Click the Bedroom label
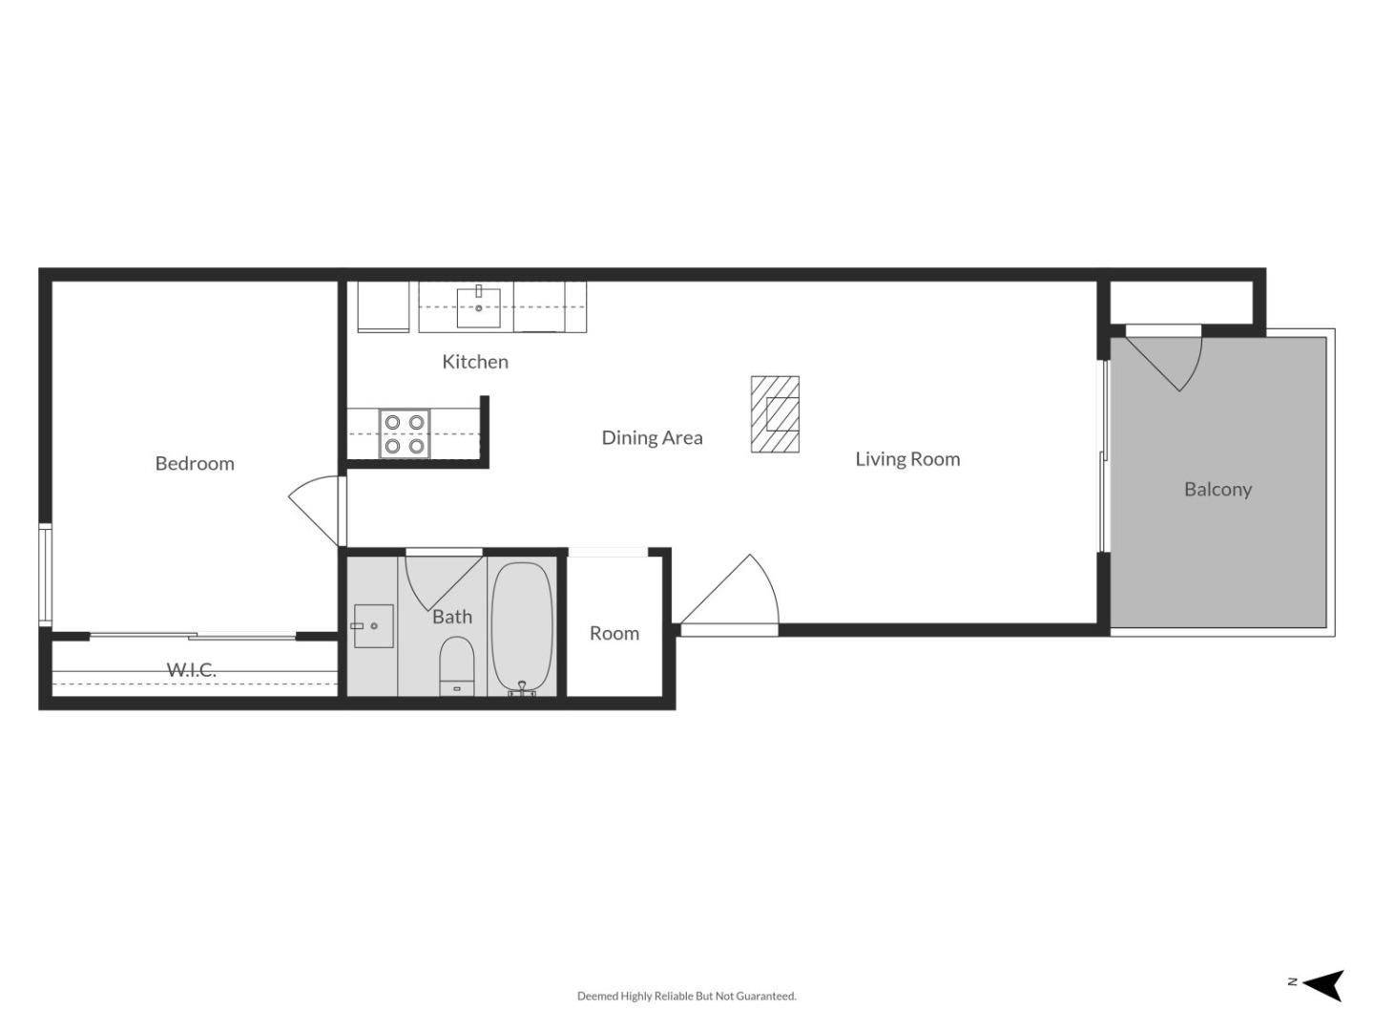pos(195,463)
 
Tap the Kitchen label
pos(474,362)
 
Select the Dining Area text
pos(652,437)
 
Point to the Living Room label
pos(906,459)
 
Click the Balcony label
pos(1218,489)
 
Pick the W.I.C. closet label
pos(192,670)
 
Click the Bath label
pos(451,617)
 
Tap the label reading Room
pos(614,633)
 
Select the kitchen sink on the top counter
pos(479,306)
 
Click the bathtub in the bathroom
pos(522,628)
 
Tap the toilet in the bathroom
pos(457,665)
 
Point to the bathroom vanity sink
pos(373,626)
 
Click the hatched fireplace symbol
pos(775,414)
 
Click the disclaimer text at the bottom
pos(686,996)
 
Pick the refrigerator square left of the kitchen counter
pos(384,306)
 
